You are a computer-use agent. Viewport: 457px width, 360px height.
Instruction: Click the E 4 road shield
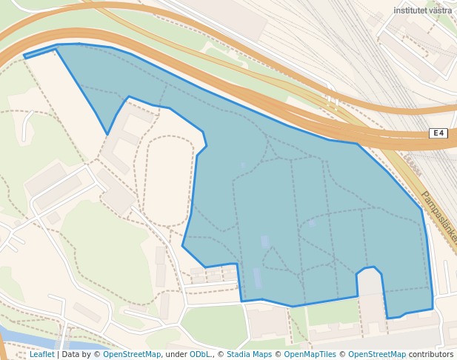point(438,133)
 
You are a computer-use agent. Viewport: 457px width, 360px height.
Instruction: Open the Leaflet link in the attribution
point(42,354)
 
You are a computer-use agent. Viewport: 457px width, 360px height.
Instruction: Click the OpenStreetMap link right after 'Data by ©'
point(132,354)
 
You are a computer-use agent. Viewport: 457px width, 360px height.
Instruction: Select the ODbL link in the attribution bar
point(200,354)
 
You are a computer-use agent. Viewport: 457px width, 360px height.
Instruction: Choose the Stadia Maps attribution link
point(249,354)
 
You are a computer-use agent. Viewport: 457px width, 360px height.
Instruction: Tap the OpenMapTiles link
point(310,354)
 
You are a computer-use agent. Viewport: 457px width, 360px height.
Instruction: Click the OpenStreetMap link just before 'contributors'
point(377,354)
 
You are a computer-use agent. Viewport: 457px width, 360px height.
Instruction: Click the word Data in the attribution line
point(71,354)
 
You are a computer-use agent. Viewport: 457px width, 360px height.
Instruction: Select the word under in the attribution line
point(176,354)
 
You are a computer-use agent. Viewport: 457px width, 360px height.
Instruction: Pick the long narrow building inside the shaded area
point(257,278)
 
